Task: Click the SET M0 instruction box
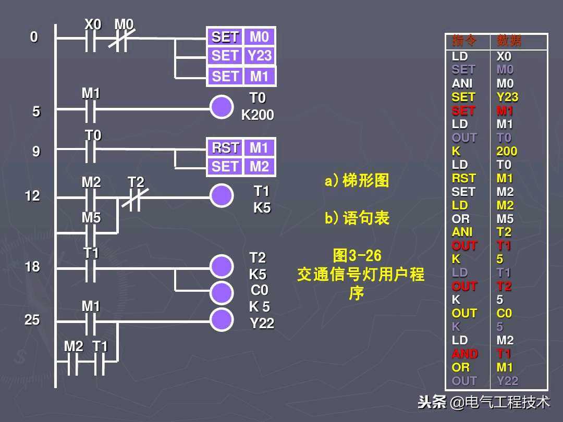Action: point(240,37)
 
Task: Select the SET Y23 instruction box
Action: point(240,56)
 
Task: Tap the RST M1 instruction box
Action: point(240,148)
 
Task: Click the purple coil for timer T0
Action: point(222,107)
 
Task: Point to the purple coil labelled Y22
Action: point(222,320)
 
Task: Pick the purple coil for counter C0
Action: point(222,293)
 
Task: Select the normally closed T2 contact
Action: point(135,197)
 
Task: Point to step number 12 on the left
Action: point(32,196)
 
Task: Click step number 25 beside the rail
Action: point(32,320)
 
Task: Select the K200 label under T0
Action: point(257,115)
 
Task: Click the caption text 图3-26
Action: point(357,256)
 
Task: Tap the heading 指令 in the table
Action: point(460,41)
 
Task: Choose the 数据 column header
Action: point(508,41)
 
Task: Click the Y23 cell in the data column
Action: point(507,97)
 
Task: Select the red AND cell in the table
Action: point(464,354)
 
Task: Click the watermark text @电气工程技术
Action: point(499,402)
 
